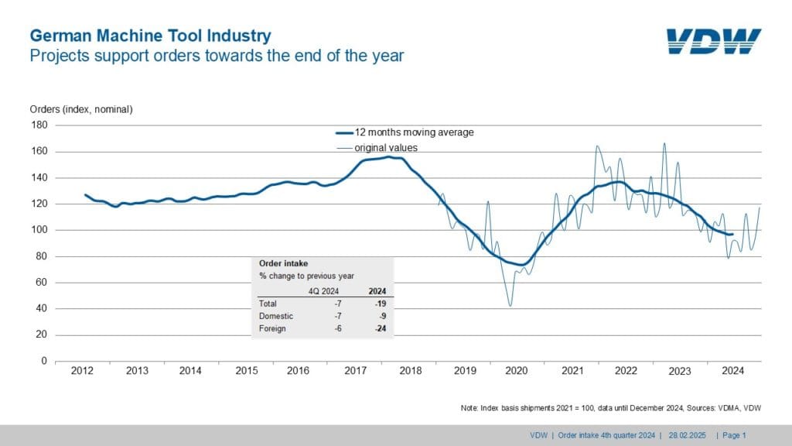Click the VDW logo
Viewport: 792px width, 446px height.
point(713,42)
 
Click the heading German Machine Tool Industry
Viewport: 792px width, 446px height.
point(150,36)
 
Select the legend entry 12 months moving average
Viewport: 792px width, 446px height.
point(414,132)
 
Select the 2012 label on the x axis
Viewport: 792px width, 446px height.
point(82,371)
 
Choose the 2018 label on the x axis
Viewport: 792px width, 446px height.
point(410,371)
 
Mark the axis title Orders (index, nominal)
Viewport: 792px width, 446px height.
point(81,109)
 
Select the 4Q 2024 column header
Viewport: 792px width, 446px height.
point(323,291)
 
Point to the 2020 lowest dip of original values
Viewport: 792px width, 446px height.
point(510,306)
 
